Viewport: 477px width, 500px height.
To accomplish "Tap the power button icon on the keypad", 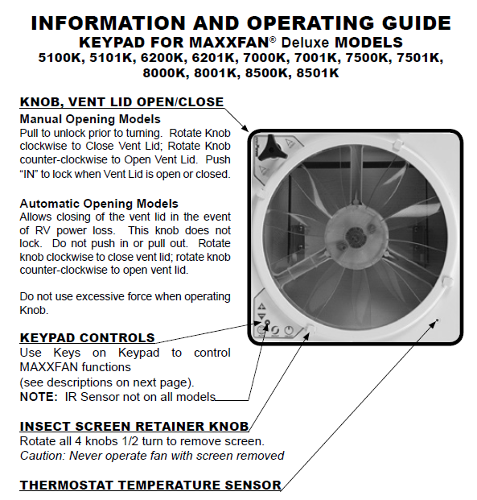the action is [x=289, y=330].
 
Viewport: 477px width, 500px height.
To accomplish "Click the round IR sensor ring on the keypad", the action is [x=267, y=322].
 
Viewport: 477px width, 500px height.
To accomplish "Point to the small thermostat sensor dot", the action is [x=438, y=320].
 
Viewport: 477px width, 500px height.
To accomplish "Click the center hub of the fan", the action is [x=355, y=236].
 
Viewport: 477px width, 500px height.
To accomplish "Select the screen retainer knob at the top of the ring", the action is [x=397, y=144].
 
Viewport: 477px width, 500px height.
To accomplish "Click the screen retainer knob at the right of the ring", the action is [x=447, y=282].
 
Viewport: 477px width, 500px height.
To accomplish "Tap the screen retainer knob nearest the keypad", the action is [x=310, y=329].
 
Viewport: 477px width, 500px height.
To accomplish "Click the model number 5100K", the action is [x=61, y=58].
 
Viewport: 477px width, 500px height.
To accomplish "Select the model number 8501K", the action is [x=318, y=73].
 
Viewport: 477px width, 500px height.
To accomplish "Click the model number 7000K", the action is [x=266, y=58].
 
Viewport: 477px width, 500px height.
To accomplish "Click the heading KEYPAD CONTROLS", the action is [x=88, y=337].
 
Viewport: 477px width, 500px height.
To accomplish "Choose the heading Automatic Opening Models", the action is [x=99, y=204].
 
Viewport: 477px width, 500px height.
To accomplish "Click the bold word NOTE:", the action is [x=39, y=397].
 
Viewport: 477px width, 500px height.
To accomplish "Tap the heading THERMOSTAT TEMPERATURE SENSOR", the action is [x=150, y=485].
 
